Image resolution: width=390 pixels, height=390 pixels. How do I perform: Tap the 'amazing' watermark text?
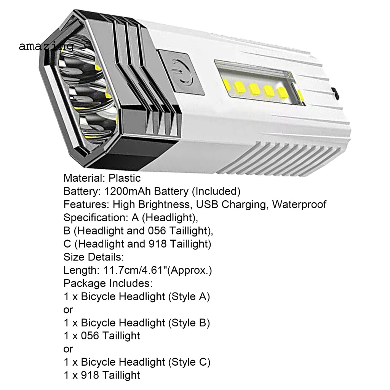coord(46,46)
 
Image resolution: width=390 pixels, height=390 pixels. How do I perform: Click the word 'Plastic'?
coord(125,178)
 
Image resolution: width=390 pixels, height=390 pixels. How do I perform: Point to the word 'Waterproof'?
coord(299,205)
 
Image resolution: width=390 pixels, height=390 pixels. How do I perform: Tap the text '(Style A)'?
coord(189,296)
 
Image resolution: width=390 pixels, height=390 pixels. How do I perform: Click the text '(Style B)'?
coord(189,323)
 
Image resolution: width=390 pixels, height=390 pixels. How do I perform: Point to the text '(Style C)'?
coord(189,362)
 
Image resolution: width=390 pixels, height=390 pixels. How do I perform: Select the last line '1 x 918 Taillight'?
coord(102,375)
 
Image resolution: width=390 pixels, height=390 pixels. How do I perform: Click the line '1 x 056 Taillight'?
coord(102,336)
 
